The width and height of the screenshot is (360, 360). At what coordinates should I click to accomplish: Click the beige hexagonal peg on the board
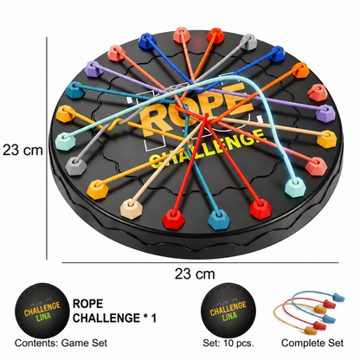132,209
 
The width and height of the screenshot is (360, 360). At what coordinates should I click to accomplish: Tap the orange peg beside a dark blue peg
300,70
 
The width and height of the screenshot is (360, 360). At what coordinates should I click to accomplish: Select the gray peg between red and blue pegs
249,42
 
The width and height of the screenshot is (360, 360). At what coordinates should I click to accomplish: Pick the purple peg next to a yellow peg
325,113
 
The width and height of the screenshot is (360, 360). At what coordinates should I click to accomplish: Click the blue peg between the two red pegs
219,219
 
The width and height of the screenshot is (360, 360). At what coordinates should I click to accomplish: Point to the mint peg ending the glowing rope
295,187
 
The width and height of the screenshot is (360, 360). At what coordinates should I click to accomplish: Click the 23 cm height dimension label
22,150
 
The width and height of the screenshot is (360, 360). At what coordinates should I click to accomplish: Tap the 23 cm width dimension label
195,273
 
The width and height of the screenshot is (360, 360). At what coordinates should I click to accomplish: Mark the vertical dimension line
47,148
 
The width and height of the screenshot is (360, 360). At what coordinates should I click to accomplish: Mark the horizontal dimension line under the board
200,263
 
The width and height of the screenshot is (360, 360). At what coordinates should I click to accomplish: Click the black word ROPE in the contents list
87,304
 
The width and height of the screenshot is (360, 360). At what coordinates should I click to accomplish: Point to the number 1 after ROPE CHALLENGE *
154,318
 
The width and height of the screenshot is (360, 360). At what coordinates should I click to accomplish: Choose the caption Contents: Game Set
61,343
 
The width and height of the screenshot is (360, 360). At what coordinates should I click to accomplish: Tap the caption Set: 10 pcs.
228,343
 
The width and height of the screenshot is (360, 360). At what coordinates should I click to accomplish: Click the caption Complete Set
312,343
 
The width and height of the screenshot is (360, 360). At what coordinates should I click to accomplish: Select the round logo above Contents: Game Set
42,311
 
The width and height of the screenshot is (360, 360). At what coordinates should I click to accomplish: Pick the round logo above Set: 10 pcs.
228,311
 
